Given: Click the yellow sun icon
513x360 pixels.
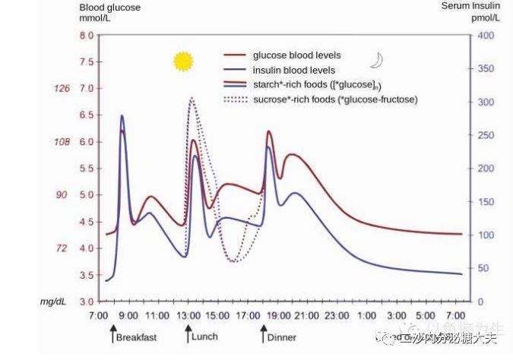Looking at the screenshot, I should click(x=183, y=62).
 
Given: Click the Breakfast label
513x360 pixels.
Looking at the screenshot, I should click(x=137, y=336).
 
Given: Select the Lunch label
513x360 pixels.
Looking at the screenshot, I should click(x=205, y=336).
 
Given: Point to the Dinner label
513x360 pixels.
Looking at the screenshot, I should click(x=281, y=336).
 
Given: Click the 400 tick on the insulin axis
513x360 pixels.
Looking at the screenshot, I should click(x=486, y=36).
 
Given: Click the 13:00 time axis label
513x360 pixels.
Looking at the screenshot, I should click(x=187, y=315).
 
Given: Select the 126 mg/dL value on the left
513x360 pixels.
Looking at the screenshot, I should click(x=61, y=89).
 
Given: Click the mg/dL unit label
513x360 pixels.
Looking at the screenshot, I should click(x=51, y=302).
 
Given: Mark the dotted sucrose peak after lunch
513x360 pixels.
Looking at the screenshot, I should click(x=192, y=98).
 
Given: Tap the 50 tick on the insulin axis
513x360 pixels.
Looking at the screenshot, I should click(x=484, y=268).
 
